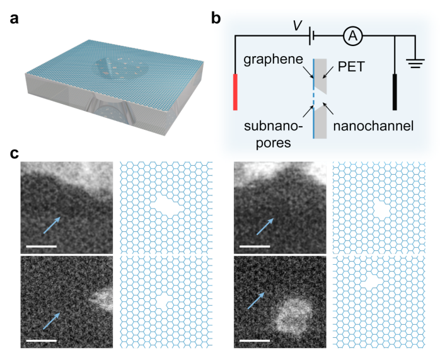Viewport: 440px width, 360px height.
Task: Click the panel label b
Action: point(216,18)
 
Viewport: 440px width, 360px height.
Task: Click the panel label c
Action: point(13,153)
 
